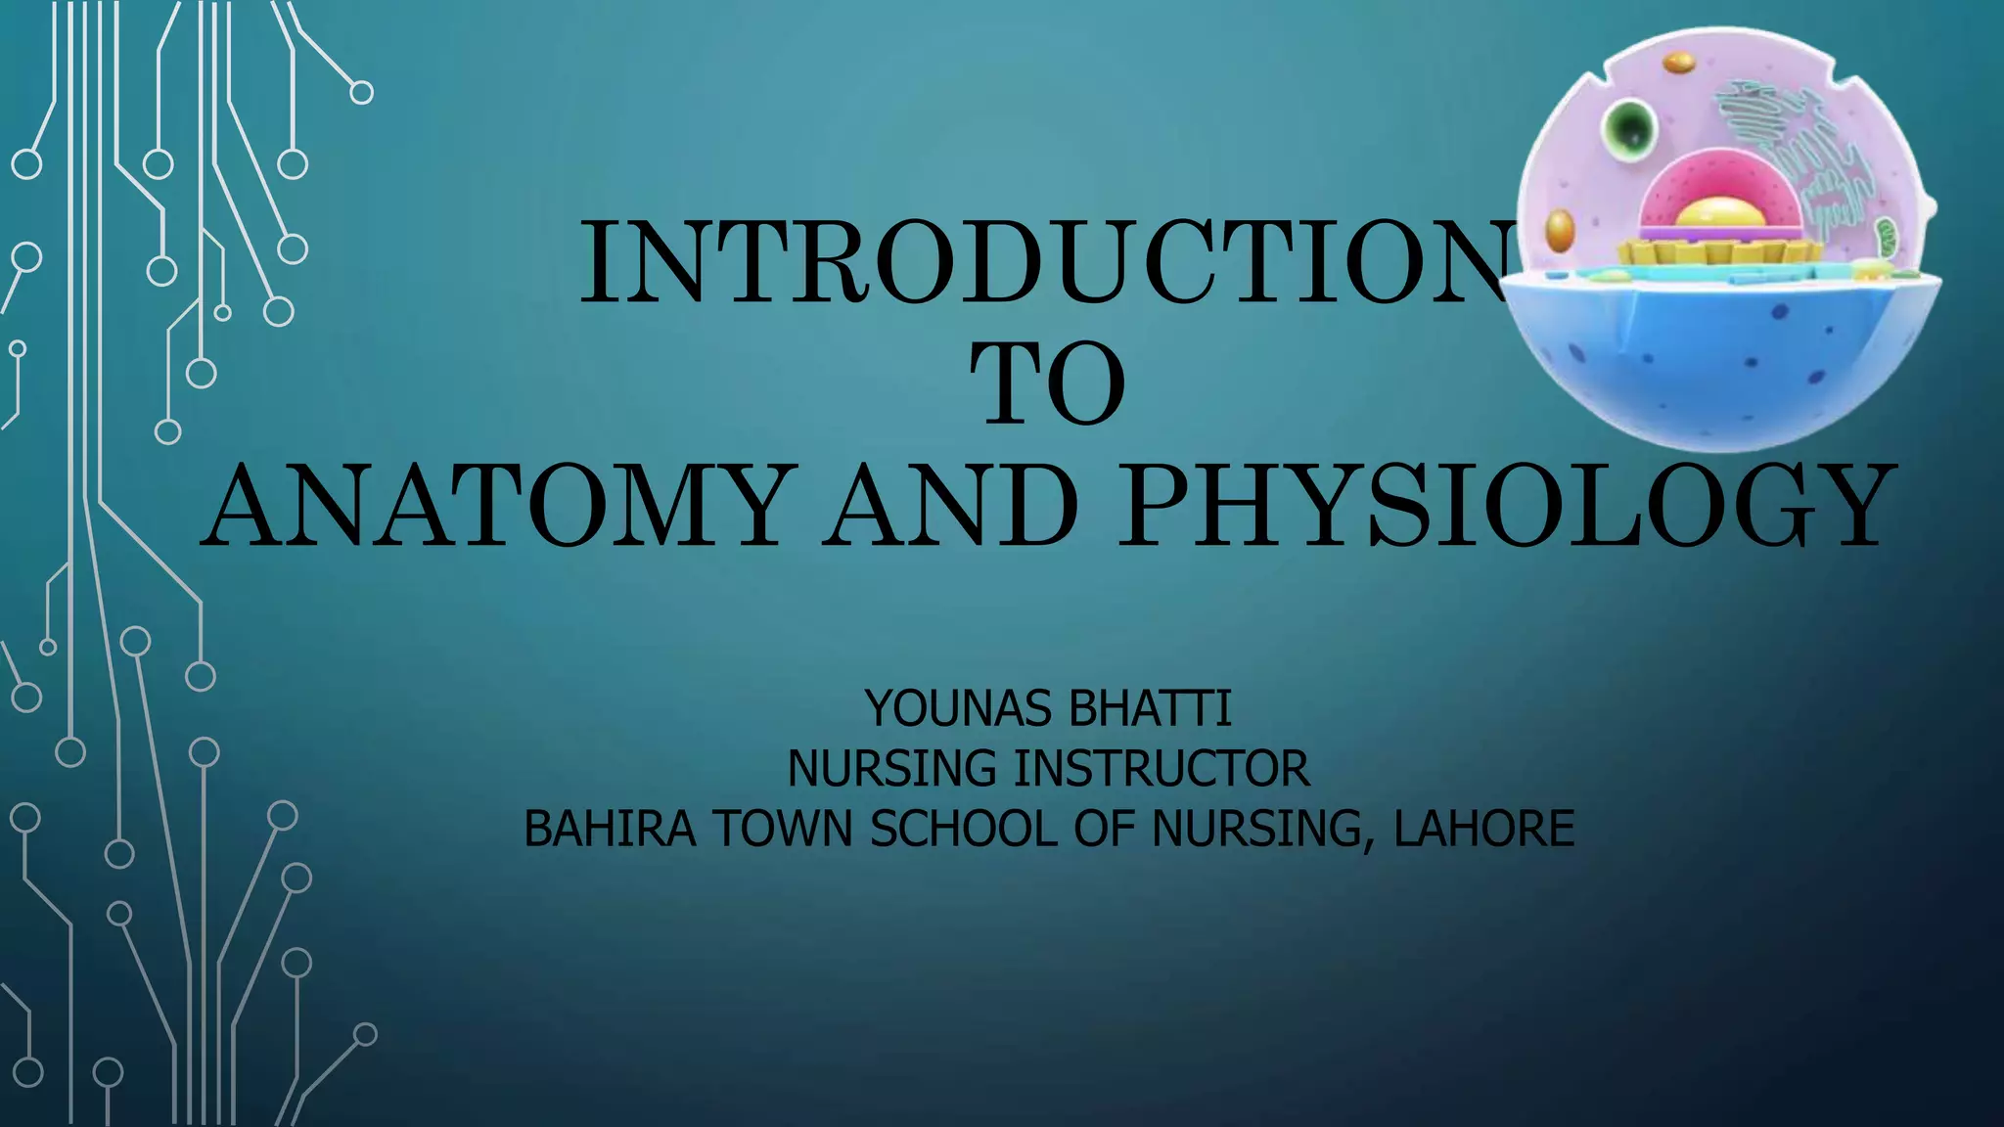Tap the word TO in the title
click(x=1047, y=384)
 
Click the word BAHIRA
click(x=610, y=830)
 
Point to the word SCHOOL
click(x=964, y=830)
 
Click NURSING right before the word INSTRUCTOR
click(x=892, y=769)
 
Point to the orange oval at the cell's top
click(x=1679, y=63)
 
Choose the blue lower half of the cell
click(x=1722, y=362)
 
